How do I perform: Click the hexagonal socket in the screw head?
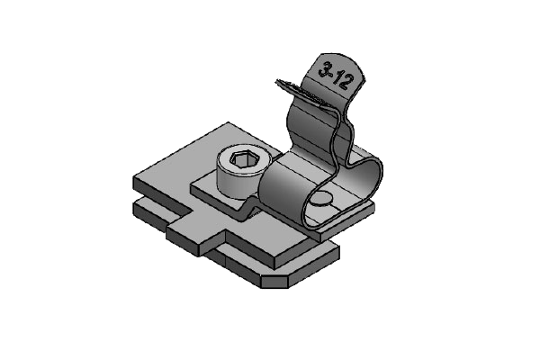pos(243,159)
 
